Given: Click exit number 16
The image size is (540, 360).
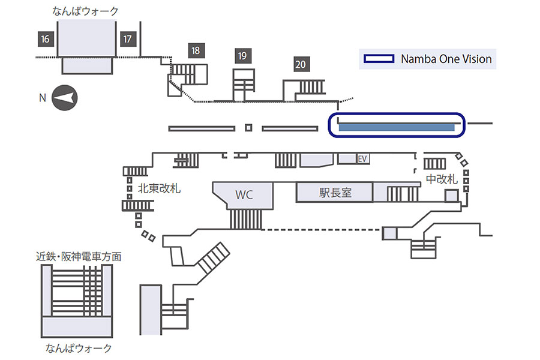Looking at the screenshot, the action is (x=46, y=39).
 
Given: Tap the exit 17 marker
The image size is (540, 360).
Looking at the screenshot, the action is (x=127, y=39).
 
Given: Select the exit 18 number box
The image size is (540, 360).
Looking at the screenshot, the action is (x=196, y=50).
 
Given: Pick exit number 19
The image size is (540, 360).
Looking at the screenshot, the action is (x=242, y=56).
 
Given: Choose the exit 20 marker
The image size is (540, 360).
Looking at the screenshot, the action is (x=301, y=64).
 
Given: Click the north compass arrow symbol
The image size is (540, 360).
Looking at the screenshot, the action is (x=65, y=98).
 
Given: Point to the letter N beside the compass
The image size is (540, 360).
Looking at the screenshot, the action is (x=43, y=98).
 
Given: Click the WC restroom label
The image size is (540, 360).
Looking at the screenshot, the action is (x=244, y=195).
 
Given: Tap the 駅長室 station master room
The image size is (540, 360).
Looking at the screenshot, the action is (x=335, y=192).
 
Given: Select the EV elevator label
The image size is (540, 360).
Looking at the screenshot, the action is (x=362, y=159).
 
